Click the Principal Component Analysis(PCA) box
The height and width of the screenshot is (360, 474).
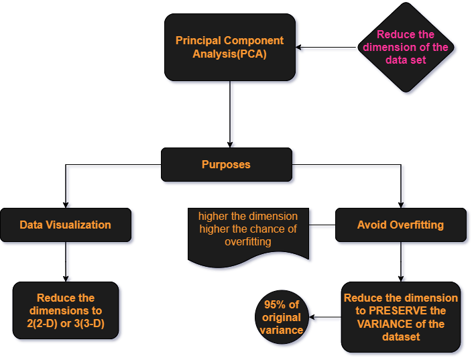230,48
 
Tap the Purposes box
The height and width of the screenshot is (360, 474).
226,164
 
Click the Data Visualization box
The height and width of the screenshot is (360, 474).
65,225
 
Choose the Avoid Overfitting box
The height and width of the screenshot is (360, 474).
400,225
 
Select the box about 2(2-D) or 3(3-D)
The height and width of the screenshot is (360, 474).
66,311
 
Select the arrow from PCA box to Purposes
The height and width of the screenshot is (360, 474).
231,114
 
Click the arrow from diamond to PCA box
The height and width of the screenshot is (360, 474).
329,48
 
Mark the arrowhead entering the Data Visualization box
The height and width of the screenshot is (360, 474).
66,204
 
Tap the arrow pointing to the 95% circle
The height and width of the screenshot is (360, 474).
325,320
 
